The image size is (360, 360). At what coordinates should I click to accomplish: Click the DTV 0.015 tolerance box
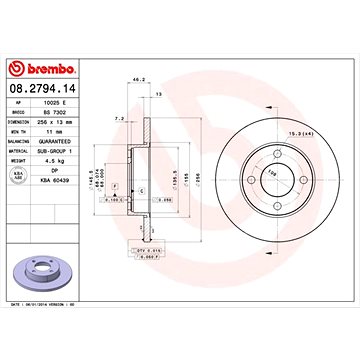(151, 252)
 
